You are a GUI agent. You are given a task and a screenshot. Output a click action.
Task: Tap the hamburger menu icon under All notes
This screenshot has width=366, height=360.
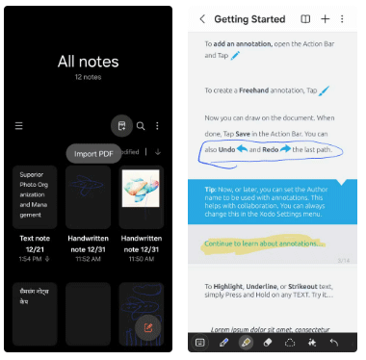coord(18,125)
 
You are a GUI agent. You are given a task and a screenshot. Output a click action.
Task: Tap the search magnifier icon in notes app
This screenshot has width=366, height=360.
coord(141,125)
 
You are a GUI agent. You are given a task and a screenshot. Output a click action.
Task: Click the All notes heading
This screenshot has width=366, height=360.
coord(89,61)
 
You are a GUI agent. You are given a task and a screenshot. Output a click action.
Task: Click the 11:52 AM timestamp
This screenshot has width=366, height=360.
coord(88,258)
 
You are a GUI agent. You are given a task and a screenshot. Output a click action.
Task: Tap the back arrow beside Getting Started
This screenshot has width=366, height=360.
coord(202,18)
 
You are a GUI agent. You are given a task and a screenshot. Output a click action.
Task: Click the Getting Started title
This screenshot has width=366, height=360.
coord(248,18)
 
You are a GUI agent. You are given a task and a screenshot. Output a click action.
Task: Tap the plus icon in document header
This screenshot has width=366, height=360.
coord(326,18)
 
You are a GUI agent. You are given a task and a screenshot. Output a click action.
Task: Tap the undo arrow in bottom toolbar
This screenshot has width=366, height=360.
coord(333,342)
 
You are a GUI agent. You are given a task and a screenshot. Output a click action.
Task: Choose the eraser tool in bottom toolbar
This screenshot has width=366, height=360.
coord(269,342)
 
